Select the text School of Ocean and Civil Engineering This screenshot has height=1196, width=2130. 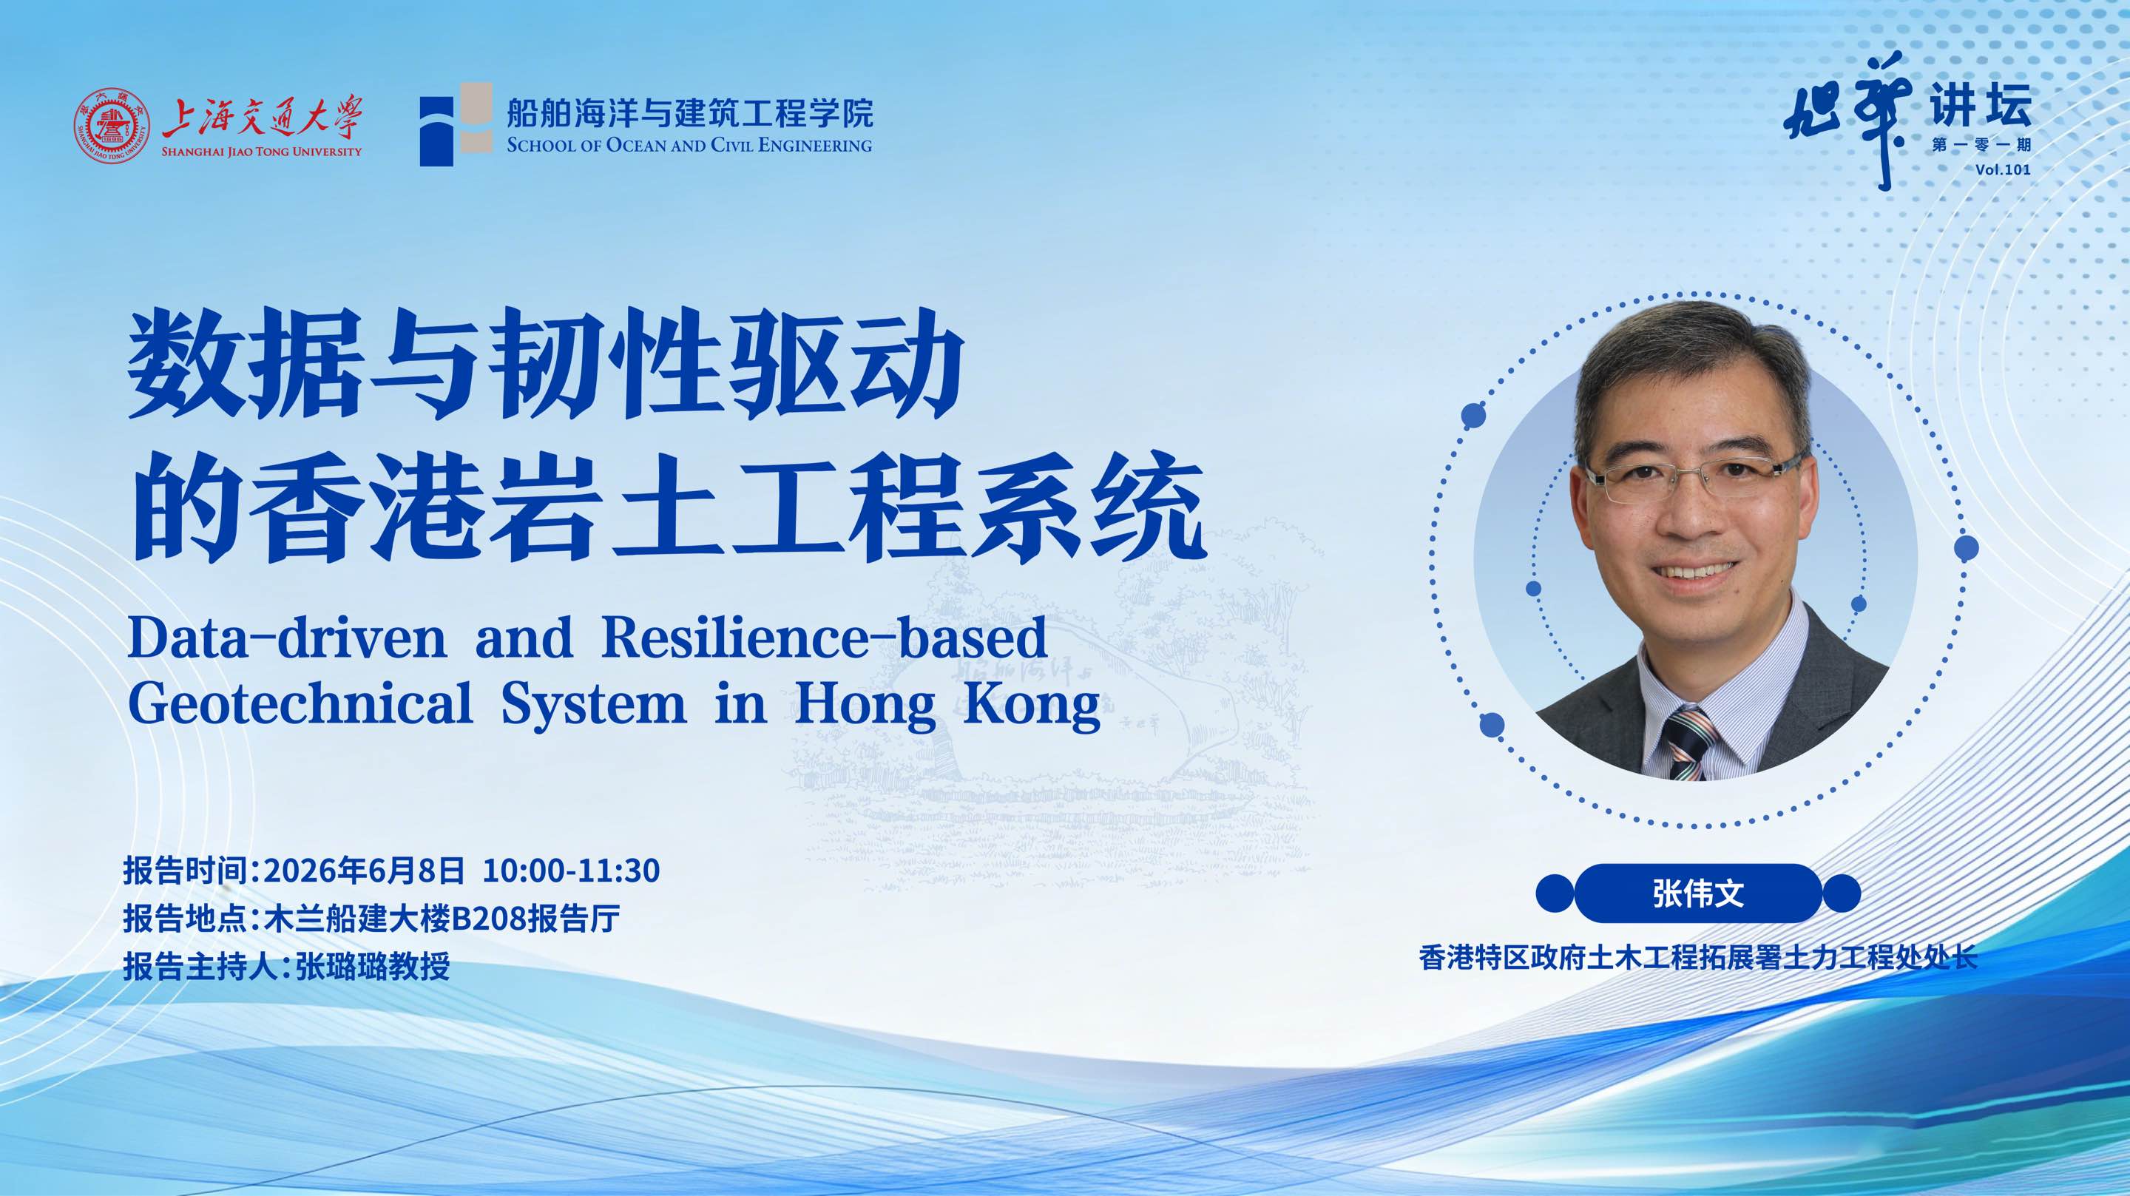point(689,146)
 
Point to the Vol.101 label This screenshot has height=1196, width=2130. point(2002,169)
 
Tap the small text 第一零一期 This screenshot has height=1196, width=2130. point(1981,146)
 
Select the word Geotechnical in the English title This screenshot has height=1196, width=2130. point(300,703)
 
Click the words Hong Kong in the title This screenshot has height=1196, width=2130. point(947,706)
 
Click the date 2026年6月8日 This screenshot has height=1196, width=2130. point(364,870)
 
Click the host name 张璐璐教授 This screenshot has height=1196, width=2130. point(372,966)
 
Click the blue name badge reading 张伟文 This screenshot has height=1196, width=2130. point(1697,893)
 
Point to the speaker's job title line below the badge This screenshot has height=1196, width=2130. point(1697,958)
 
